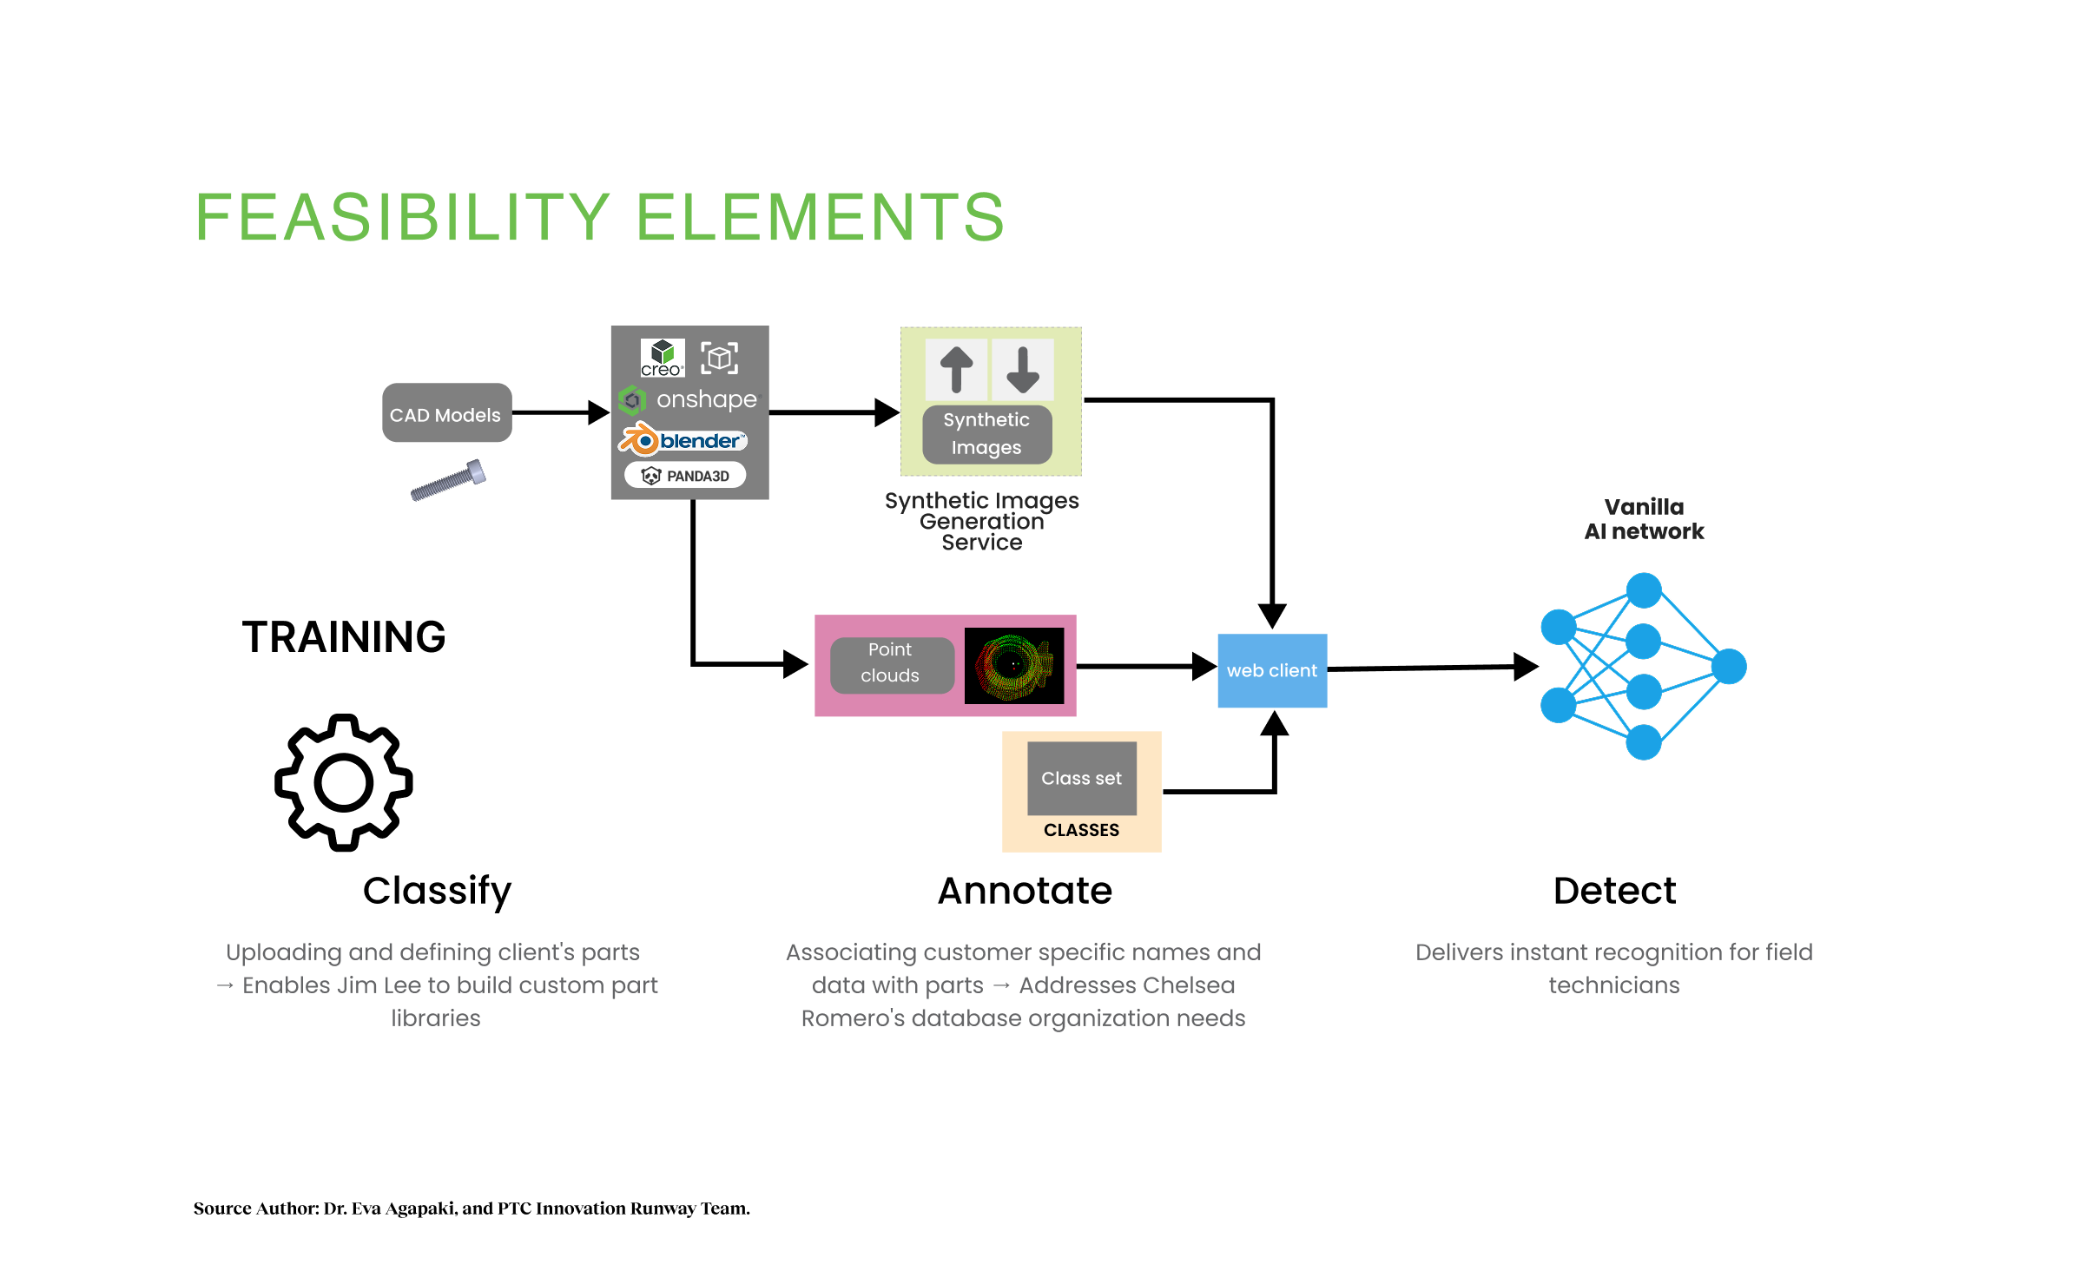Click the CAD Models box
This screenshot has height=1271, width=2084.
tap(446, 413)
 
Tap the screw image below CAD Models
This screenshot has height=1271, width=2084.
tap(448, 480)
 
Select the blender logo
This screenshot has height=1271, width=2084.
tap(683, 440)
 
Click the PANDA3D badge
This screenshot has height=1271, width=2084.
tap(685, 476)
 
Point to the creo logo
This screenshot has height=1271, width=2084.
tap(663, 358)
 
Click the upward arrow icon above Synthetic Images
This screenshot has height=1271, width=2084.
tap(956, 369)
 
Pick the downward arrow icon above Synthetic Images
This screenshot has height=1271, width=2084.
tap(1023, 369)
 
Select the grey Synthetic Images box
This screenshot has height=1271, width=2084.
tap(986, 434)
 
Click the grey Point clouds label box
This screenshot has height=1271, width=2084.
tap(891, 663)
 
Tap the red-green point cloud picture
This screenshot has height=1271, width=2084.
tap(1013, 665)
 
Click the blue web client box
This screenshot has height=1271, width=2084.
tap(1272, 670)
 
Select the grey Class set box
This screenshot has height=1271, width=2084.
tap(1081, 778)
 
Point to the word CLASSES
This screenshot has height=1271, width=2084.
tap(1081, 831)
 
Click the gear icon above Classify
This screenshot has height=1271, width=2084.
tap(344, 782)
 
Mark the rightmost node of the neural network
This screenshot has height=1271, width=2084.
tap(1729, 667)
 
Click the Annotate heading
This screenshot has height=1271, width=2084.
tap(1025, 891)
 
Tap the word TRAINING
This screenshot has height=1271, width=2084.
tap(344, 637)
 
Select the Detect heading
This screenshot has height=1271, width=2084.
tap(1614, 891)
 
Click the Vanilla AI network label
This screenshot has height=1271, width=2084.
tap(1644, 519)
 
